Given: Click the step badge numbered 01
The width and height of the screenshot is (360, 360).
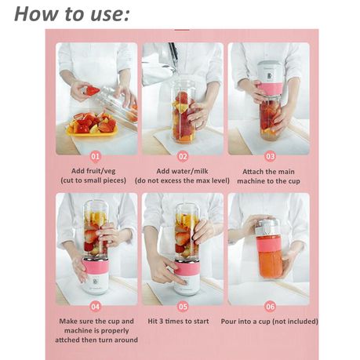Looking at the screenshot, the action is click(96, 157).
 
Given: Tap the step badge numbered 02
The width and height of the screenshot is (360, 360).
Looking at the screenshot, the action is click(183, 157).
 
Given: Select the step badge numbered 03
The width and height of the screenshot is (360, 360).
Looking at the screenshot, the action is click(270, 157).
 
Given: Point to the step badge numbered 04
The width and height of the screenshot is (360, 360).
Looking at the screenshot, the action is click(96, 307).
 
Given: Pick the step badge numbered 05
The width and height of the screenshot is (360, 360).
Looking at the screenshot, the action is click(183, 307).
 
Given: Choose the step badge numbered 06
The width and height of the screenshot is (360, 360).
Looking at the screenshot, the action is click(270, 307).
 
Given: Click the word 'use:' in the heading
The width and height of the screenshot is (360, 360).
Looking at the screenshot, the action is click(110, 14).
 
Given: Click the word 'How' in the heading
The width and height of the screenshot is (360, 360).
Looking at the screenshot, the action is click(31, 13).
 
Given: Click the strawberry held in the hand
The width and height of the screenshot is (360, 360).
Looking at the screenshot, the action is click(93, 91).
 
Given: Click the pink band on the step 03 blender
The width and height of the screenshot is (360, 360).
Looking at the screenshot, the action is click(268, 89).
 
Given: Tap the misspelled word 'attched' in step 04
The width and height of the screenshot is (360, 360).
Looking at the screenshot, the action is click(67, 340).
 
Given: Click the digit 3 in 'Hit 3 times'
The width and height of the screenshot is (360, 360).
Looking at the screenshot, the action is click(162, 321).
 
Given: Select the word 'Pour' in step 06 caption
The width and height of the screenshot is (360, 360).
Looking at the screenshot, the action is click(229, 322).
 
